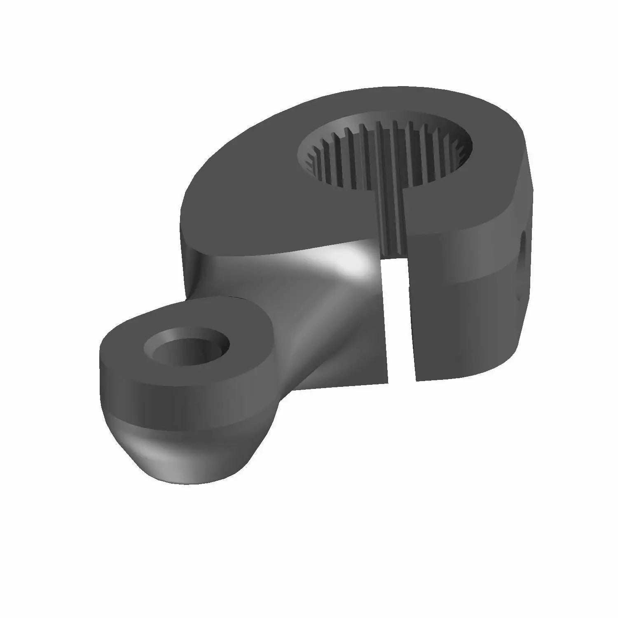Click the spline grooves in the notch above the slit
pyautogui.click(x=391, y=231)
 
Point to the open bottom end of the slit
pyautogui.click(x=400, y=377)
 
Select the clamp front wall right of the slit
pyautogui.click(x=461, y=321)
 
